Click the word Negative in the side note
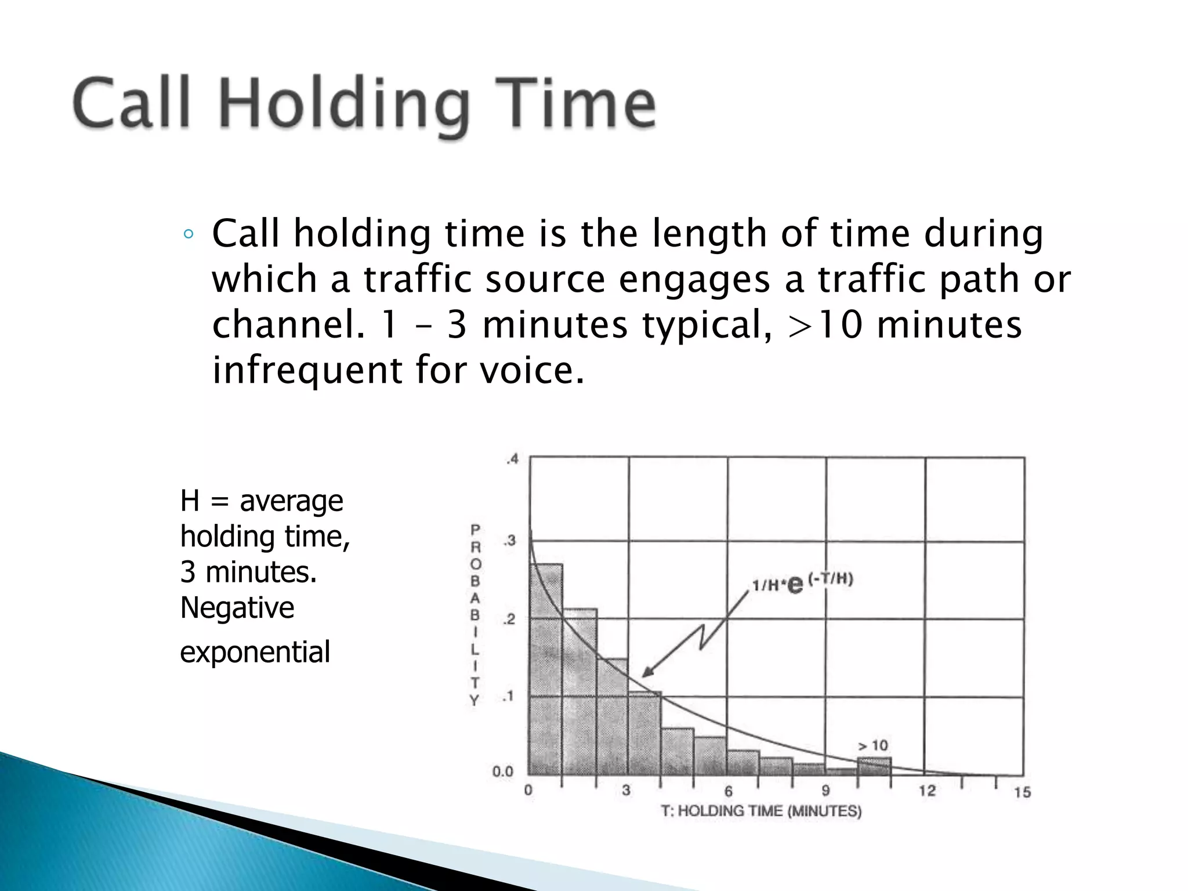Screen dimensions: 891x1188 [237, 608]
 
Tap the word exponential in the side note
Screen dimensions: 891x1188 [255, 651]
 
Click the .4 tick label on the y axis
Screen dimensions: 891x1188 [512, 460]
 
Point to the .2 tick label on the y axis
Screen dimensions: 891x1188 [509, 620]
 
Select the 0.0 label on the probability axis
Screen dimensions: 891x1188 [503, 772]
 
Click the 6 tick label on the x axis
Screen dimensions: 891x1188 [728, 791]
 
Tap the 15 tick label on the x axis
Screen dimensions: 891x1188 [1022, 792]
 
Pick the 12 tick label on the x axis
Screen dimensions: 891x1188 [927, 791]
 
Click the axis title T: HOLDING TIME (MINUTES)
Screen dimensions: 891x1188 [761, 811]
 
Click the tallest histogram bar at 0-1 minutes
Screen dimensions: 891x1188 [545, 667]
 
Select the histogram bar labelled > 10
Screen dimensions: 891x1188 [874, 766]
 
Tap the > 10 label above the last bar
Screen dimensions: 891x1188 [873, 745]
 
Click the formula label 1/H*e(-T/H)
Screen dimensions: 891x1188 [802, 582]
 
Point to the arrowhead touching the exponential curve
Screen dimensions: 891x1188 [647, 673]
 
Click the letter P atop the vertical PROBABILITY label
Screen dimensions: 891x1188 [475, 530]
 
